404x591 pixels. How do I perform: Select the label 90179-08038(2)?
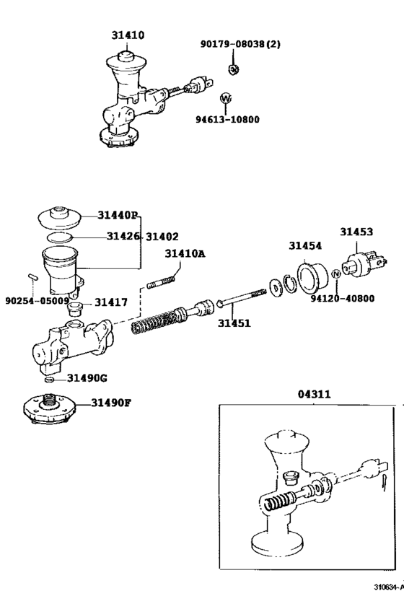[x=240, y=44]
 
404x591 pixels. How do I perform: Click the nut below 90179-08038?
[x=233, y=69]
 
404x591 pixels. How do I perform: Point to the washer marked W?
[x=225, y=97]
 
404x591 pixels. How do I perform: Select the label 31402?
[x=162, y=236]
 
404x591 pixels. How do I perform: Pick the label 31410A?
[x=185, y=253]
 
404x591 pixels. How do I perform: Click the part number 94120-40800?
[x=343, y=298]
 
